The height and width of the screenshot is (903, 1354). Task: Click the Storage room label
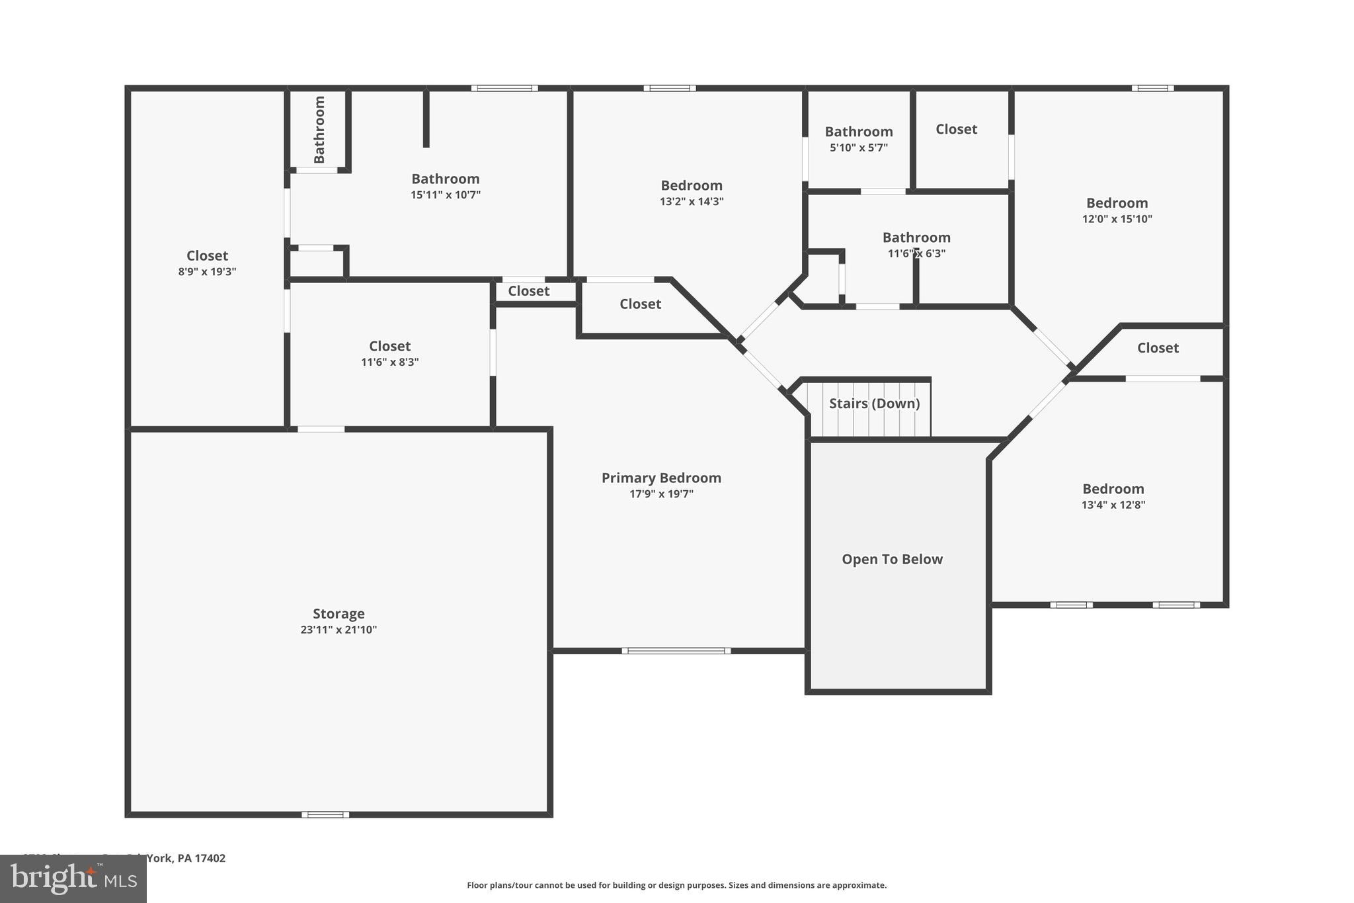pyautogui.click(x=338, y=613)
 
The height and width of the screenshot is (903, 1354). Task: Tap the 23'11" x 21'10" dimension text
pyautogui.click(x=338, y=630)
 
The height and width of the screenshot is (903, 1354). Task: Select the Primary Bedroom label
pyautogui.click(x=661, y=478)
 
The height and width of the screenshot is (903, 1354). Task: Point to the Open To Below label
pyautogui.click(x=892, y=559)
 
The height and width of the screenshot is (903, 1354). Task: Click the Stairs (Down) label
pyautogui.click(x=874, y=404)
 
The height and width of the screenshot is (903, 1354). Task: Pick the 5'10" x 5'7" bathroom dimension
pyautogui.click(x=858, y=148)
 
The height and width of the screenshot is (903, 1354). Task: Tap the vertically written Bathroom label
pyautogui.click(x=319, y=130)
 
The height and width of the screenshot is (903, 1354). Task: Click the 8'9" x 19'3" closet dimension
pyautogui.click(x=207, y=272)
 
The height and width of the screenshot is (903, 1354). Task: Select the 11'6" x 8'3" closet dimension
pyautogui.click(x=389, y=363)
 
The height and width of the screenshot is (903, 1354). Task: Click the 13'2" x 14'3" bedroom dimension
pyautogui.click(x=692, y=202)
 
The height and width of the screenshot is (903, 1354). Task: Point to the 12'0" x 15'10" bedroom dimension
pyautogui.click(x=1117, y=219)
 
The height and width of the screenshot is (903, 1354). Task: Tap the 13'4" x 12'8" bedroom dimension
pyautogui.click(x=1113, y=505)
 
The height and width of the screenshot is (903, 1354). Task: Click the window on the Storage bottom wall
pyautogui.click(x=325, y=814)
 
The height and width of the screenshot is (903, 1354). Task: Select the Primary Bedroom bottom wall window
pyautogui.click(x=676, y=651)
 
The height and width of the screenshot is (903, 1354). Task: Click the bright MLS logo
pyautogui.click(x=73, y=879)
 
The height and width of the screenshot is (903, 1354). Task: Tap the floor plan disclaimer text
pyautogui.click(x=676, y=885)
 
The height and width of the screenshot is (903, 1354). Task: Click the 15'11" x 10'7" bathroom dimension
pyautogui.click(x=445, y=195)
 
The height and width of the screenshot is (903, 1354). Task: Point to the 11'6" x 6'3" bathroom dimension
pyautogui.click(x=916, y=253)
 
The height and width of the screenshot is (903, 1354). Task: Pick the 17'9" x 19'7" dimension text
pyautogui.click(x=661, y=494)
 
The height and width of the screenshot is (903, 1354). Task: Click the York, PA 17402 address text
pyautogui.click(x=186, y=858)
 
